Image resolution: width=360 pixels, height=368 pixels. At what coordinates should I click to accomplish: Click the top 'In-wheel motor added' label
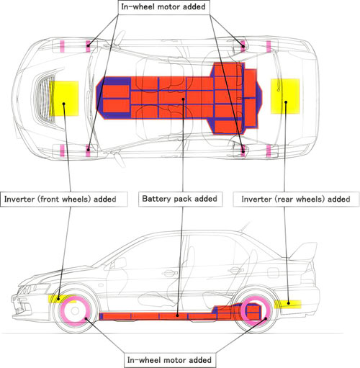[163, 6]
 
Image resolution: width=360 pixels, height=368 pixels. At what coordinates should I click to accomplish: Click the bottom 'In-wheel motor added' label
[169, 360]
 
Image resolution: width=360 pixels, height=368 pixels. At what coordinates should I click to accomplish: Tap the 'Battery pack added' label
[180, 199]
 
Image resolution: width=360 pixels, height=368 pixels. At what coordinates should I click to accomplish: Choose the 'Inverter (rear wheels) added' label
[296, 199]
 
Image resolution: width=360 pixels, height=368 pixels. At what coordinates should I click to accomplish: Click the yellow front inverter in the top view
[64, 99]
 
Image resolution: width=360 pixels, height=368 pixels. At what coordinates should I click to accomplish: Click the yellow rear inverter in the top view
[285, 96]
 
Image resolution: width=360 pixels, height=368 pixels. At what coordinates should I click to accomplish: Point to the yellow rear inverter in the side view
[288, 304]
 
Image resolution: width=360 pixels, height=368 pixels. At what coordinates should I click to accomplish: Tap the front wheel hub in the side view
[75, 311]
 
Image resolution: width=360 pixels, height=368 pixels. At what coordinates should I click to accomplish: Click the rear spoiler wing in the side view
[305, 251]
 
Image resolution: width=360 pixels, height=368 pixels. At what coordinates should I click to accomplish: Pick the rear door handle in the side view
[235, 271]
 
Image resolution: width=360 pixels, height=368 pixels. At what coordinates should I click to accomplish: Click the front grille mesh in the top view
[45, 99]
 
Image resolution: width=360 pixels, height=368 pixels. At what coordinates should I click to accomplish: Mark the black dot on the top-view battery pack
[183, 99]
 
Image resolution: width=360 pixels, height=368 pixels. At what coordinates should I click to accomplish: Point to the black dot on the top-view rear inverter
[286, 102]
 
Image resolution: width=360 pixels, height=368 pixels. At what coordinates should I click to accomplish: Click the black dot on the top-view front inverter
[63, 104]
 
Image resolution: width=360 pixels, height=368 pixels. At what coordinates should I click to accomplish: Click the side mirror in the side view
[118, 264]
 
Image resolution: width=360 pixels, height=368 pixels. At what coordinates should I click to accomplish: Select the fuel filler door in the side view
[273, 272]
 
